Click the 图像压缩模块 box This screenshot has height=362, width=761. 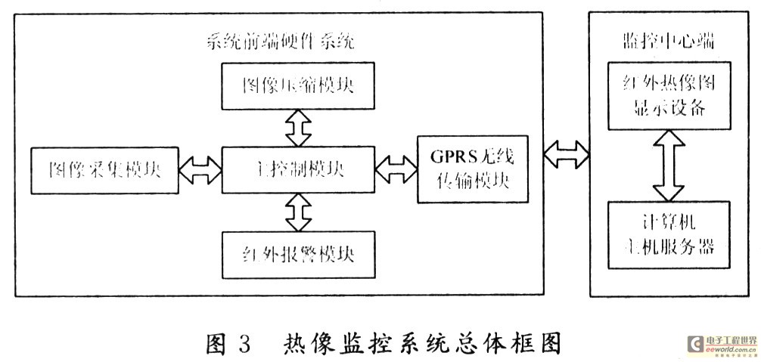297,86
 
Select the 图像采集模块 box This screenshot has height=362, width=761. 104,169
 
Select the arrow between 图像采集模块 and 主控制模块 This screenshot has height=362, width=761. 198,169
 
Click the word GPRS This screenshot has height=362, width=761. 451,156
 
